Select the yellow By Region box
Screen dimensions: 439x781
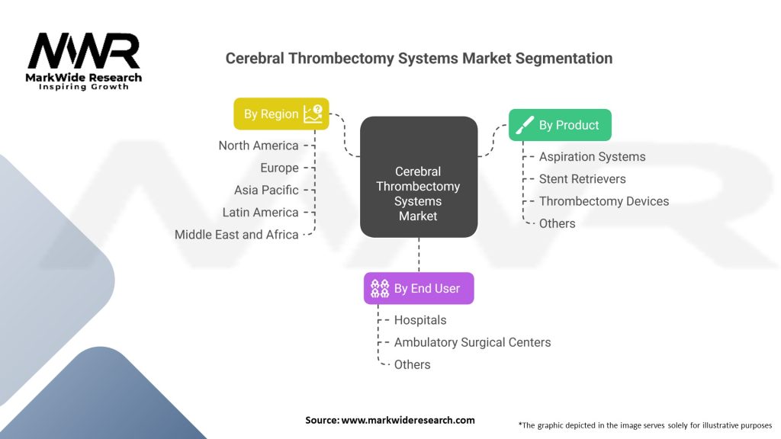(281, 114)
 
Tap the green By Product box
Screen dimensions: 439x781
(560, 125)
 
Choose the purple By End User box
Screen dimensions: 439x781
(418, 288)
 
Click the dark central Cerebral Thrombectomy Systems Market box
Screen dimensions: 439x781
(419, 176)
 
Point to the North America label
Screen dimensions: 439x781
(259, 146)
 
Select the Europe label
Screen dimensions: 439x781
(279, 168)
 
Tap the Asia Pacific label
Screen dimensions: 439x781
(266, 190)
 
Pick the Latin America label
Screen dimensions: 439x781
(260, 212)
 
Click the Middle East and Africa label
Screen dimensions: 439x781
(236, 234)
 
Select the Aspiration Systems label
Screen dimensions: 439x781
(592, 157)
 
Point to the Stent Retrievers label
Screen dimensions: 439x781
(582, 179)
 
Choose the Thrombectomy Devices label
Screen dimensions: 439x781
(603, 201)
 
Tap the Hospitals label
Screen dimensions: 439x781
(419, 320)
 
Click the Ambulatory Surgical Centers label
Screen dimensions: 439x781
(472, 342)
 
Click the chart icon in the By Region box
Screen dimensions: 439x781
(313, 114)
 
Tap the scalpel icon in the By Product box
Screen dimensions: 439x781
(525, 126)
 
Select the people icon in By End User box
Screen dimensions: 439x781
(380, 288)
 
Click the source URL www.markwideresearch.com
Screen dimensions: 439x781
(408, 420)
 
